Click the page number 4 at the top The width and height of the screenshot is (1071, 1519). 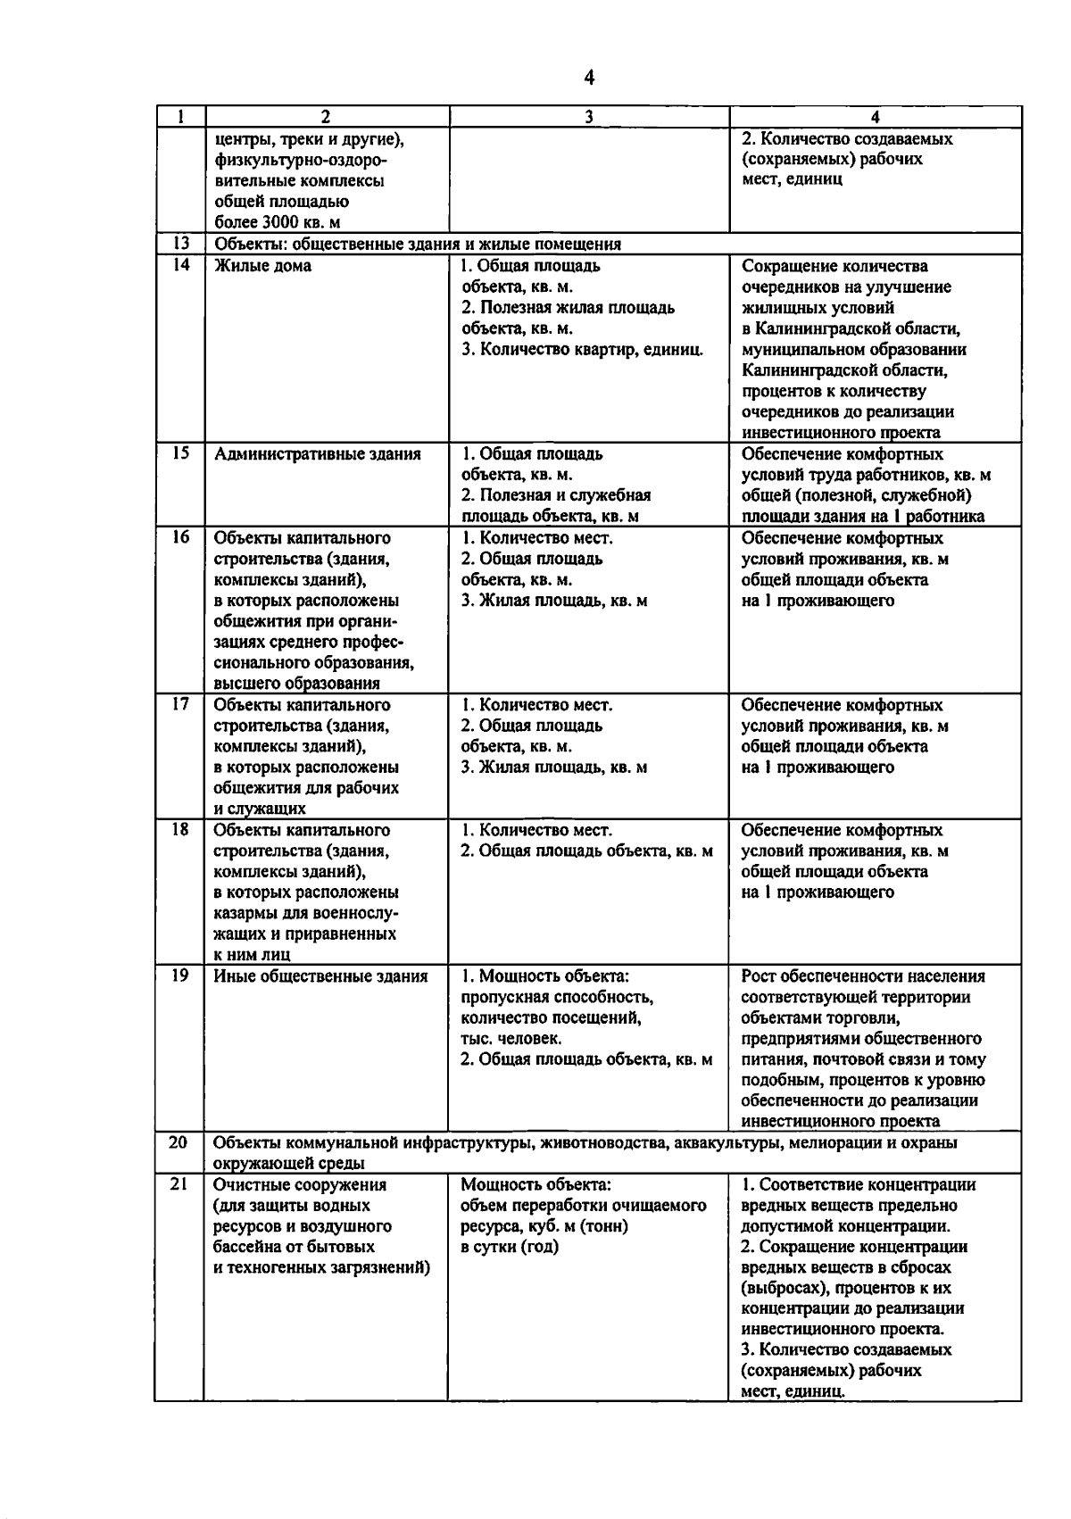[x=589, y=79]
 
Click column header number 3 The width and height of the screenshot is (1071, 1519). [x=589, y=117]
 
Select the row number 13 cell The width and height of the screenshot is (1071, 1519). [x=180, y=244]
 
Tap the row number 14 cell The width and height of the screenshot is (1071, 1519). [x=180, y=265]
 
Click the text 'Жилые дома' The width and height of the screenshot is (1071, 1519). [x=262, y=266]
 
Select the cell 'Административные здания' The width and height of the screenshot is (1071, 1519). [x=317, y=454]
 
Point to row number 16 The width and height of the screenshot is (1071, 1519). [x=180, y=537]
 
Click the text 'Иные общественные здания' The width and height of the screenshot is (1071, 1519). [x=320, y=976]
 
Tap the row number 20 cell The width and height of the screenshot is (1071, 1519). [x=180, y=1141]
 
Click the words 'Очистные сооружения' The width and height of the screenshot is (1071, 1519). [x=300, y=1185]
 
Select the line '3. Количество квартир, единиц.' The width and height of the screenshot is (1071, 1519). [x=582, y=349]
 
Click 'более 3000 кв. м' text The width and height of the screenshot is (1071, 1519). [x=277, y=222]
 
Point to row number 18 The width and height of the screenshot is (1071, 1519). [x=180, y=829]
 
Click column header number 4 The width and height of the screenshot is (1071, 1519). [x=875, y=117]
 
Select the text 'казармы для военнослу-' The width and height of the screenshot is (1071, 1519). [x=306, y=913]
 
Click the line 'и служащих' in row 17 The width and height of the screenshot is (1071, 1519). [x=260, y=809]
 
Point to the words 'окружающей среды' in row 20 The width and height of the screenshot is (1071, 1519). [x=288, y=1163]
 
